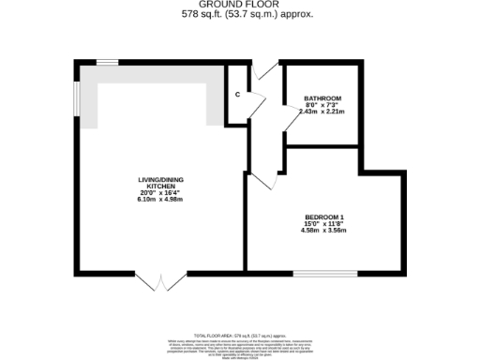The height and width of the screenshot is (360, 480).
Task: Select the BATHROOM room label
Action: pos(322,98)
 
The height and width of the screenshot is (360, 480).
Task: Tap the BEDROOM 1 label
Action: pos(324,217)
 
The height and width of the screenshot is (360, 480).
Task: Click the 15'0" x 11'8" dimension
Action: pos(324,224)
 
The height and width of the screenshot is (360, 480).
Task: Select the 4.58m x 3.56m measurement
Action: pos(324,231)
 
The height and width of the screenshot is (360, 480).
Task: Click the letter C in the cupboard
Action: pos(237,95)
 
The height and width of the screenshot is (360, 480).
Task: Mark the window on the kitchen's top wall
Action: pos(106,62)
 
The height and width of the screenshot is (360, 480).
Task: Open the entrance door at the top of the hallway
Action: pos(265,70)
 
